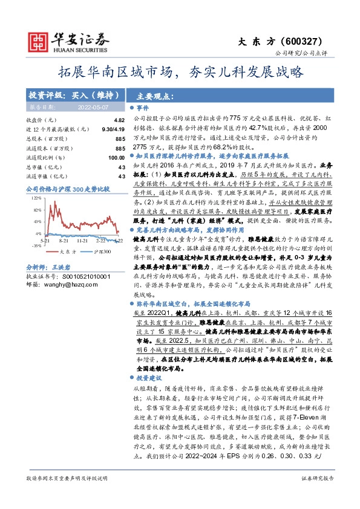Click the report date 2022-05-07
(x=91, y=106)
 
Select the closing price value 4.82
(x=119, y=120)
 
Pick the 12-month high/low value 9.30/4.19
(x=114, y=129)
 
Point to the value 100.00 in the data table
(x=116, y=157)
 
